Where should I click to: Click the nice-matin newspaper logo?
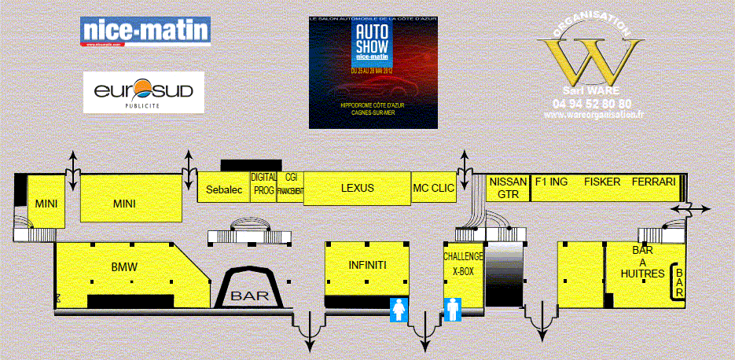[x=145, y=32]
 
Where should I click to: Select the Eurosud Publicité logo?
[x=143, y=92]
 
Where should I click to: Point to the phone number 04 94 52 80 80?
[x=593, y=103]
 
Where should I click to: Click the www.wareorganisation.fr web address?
[x=594, y=114]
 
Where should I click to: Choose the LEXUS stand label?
[x=358, y=189]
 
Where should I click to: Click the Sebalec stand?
[x=223, y=189]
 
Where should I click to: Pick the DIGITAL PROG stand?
[x=263, y=185]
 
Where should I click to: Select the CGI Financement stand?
[x=290, y=185]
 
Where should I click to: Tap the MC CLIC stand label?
[x=433, y=189]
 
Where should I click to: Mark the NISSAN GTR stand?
[x=508, y=187]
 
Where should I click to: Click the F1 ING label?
[x=550, y=182]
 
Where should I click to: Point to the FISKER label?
[x=601, y=182]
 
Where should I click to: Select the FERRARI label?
[x=652, y=182]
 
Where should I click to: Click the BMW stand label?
[x=124, y=267]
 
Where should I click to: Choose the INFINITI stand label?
[x=367, y=265]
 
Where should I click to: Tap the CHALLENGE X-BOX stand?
[x=463, y=263]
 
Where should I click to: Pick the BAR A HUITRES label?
[x=642, y=262]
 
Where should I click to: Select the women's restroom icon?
[x=398, y=310]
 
